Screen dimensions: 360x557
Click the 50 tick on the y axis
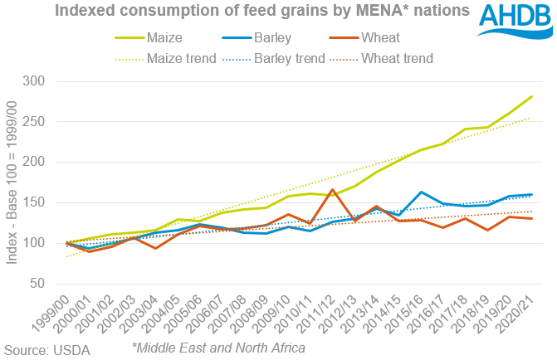[59, 284]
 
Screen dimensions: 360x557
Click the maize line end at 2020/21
[532, 97]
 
